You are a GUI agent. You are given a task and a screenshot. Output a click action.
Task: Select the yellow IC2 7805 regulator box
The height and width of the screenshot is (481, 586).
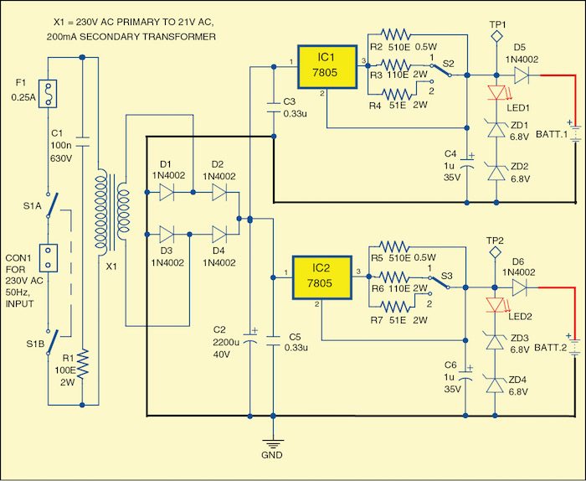click(322, 276)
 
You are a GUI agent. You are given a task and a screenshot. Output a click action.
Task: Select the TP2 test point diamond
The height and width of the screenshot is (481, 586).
click(496, 252)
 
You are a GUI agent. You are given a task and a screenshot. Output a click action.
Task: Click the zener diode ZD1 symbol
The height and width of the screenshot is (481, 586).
click(496, 127)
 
